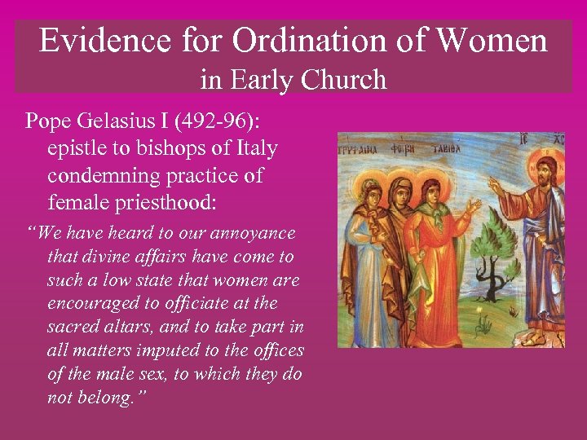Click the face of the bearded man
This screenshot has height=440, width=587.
click(544, 172)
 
